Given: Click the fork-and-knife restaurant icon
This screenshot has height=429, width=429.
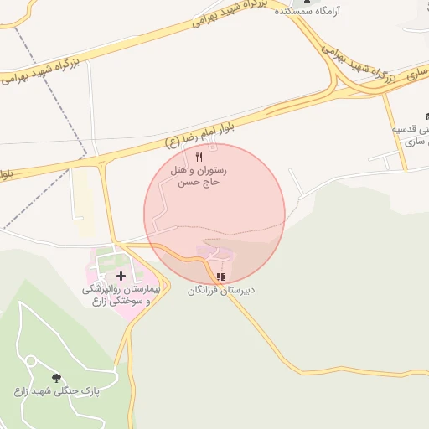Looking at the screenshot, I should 199,157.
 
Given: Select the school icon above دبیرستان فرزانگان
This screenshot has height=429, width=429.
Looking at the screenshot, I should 220,277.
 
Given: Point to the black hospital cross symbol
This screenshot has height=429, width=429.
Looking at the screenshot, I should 121,276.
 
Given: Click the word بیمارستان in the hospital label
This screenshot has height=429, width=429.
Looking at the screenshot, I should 132,289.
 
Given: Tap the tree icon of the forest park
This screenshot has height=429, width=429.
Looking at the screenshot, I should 56,379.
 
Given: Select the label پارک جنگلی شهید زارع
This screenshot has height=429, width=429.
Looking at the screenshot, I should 51,391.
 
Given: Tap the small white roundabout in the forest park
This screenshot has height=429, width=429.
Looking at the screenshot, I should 30,361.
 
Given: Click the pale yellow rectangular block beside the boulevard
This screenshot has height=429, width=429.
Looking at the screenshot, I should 82,201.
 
